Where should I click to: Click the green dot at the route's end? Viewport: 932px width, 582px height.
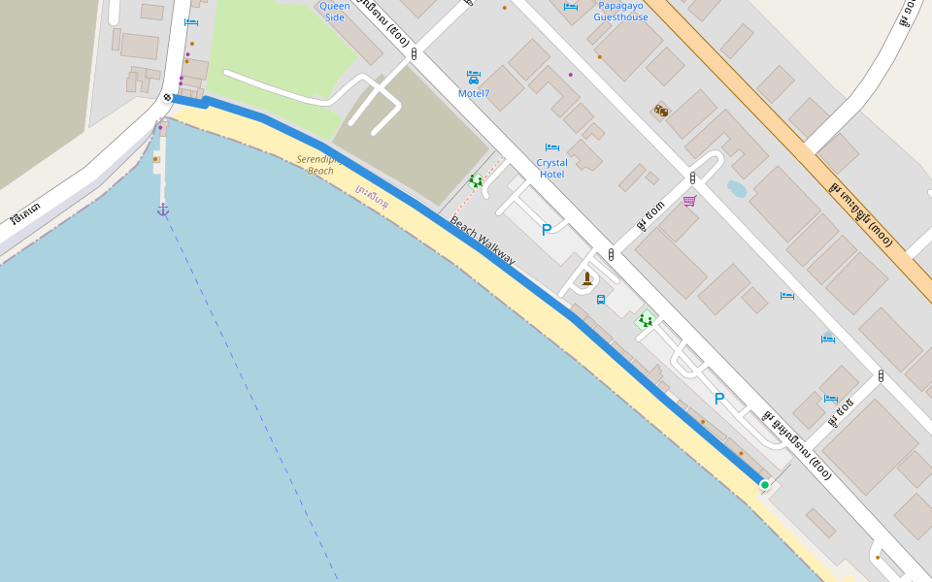765,485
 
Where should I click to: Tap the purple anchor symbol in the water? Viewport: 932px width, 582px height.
163,210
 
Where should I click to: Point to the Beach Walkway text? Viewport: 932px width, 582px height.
483,242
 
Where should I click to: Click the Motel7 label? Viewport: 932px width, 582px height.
474,93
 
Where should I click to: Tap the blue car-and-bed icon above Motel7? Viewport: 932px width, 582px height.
474,77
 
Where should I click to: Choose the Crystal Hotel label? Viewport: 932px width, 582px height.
551,168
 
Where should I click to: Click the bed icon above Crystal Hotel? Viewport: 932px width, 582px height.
551,147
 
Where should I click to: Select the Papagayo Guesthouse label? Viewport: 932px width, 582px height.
620,12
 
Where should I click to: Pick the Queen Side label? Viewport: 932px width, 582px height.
335,12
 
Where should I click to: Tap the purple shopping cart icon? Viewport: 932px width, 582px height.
689,201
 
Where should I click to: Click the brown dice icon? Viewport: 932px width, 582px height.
661,111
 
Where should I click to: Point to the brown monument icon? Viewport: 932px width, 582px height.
586,278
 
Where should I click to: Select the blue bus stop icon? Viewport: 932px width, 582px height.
601,300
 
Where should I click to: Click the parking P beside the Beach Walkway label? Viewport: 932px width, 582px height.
546,230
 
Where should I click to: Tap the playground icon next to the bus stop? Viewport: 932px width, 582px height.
645,319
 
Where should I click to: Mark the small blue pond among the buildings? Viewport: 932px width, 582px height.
737,188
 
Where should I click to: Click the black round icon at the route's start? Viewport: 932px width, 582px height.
169,98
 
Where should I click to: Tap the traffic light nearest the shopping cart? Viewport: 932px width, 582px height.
692,178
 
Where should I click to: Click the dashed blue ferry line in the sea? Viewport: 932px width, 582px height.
252,388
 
